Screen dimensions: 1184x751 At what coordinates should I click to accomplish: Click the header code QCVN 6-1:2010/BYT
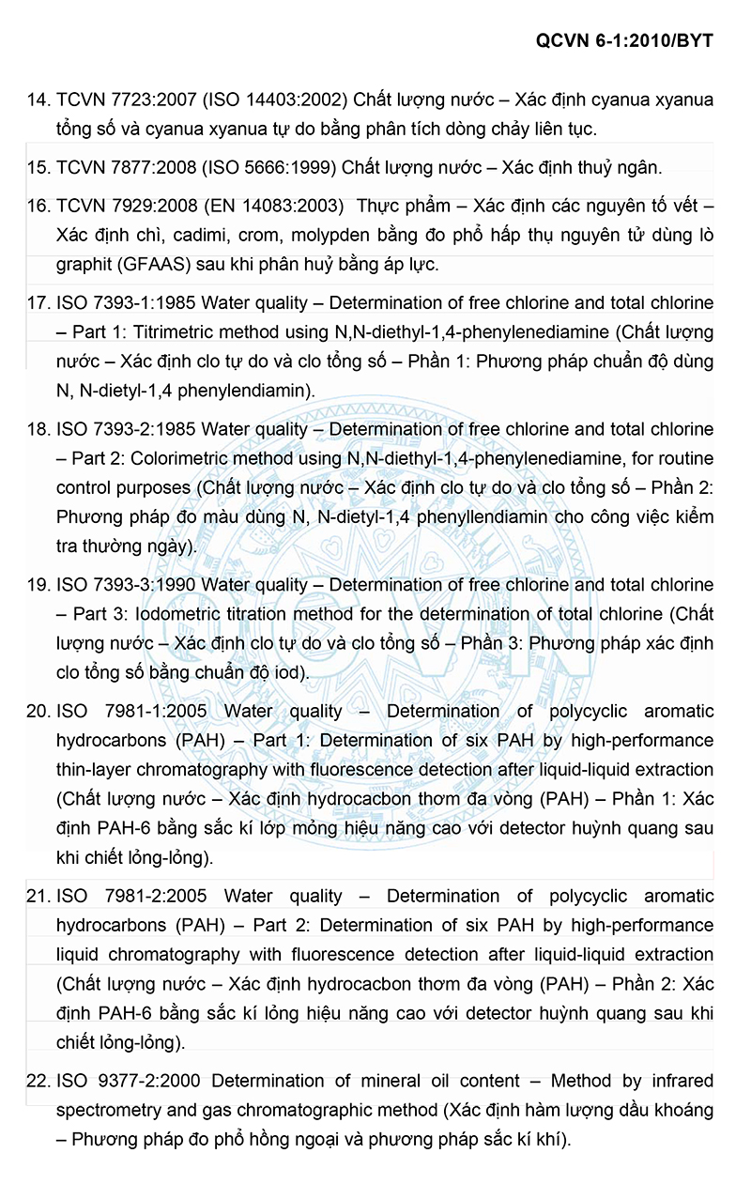(624, 40)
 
